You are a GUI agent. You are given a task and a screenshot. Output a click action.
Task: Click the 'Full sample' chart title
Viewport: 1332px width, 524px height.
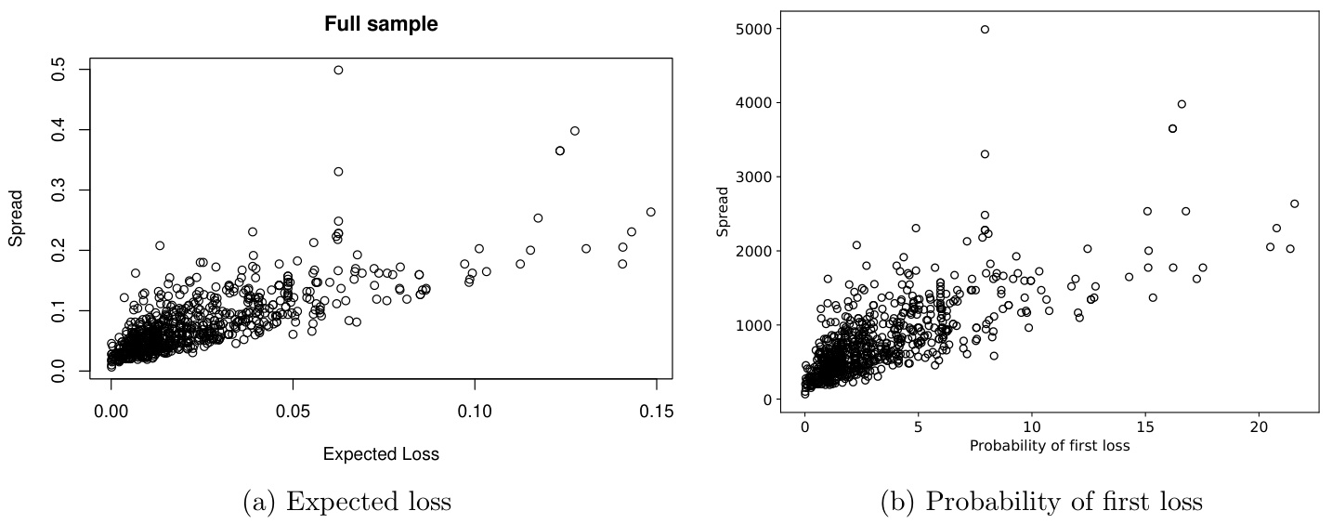[x=381, y=25]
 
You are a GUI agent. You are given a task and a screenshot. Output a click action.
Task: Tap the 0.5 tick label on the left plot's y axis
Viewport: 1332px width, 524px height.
[x=58, y=70]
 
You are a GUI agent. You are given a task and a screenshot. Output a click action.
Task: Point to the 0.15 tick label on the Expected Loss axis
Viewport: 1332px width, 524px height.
[x=656, y=411]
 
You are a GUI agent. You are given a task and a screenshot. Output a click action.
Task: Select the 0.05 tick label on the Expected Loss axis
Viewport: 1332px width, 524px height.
[x=294, y=411]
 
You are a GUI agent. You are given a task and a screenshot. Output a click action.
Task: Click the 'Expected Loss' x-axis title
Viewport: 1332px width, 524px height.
[x=381, y=454]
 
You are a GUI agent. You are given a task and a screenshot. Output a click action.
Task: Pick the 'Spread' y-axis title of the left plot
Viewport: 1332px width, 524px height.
[x=17, y=220]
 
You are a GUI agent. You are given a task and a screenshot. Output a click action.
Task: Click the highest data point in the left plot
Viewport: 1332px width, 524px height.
[x=338, y=70]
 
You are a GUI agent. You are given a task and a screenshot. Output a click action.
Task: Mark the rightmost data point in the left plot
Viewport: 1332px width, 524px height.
[x=650, y=212]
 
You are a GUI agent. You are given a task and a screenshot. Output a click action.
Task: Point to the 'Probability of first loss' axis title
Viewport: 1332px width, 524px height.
[x=1050, y=446]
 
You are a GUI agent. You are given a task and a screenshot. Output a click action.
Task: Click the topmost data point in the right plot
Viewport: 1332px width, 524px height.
[x=985, y=29]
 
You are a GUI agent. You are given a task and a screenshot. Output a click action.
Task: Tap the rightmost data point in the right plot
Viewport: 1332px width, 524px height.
[x=1294, y=203]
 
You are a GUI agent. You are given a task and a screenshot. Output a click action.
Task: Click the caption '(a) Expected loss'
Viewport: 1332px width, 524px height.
[x=346, y=503]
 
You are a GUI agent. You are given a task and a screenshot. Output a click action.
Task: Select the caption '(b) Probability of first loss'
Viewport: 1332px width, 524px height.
[x=1041, y=503]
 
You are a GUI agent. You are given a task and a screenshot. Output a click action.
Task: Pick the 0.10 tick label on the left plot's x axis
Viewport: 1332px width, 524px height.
[x=475, y=411]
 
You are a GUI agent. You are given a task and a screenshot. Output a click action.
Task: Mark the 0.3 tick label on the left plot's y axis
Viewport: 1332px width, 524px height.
[x=58, y=190]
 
